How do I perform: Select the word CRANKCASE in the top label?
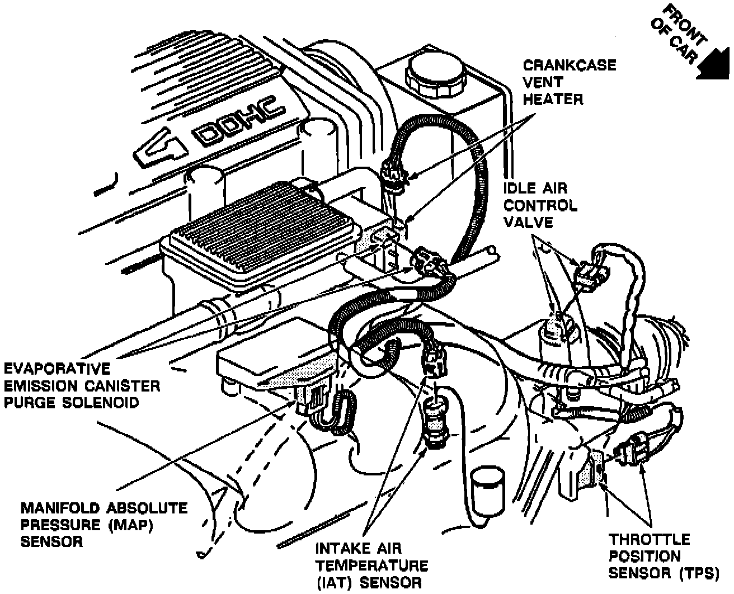pos(569,65)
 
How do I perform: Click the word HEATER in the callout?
pos(553,100)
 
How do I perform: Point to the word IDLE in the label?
pos(519,188)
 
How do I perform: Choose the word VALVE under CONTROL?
pos(528,222)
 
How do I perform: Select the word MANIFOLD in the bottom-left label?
pos(60,508)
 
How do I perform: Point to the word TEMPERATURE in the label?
pos(371,565)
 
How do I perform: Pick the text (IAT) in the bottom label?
pos(335,582)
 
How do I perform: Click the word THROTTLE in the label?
pos(649,540)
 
